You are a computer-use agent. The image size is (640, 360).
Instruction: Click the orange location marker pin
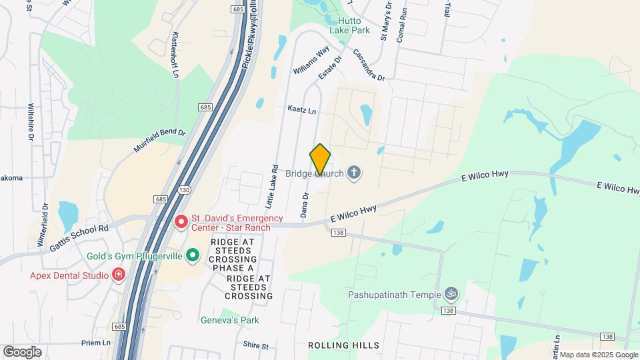321,159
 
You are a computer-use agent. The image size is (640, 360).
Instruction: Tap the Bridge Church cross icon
353,174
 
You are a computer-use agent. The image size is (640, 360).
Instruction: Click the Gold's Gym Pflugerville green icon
193,255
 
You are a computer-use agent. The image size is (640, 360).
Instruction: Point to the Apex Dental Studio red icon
119,275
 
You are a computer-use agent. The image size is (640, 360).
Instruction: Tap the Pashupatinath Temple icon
451,294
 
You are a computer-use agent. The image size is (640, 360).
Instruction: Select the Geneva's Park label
229,320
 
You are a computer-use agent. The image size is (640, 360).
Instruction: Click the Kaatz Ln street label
301,108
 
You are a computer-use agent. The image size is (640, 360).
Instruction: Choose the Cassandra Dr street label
369,65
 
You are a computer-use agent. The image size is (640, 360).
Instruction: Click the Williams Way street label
311,60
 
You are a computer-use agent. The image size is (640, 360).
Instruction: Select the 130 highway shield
183,190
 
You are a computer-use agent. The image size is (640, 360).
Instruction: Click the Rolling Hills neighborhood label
344,345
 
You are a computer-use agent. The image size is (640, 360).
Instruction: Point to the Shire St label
255,346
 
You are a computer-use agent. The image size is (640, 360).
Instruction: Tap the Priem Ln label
97,343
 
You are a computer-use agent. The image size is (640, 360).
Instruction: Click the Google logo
22,351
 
